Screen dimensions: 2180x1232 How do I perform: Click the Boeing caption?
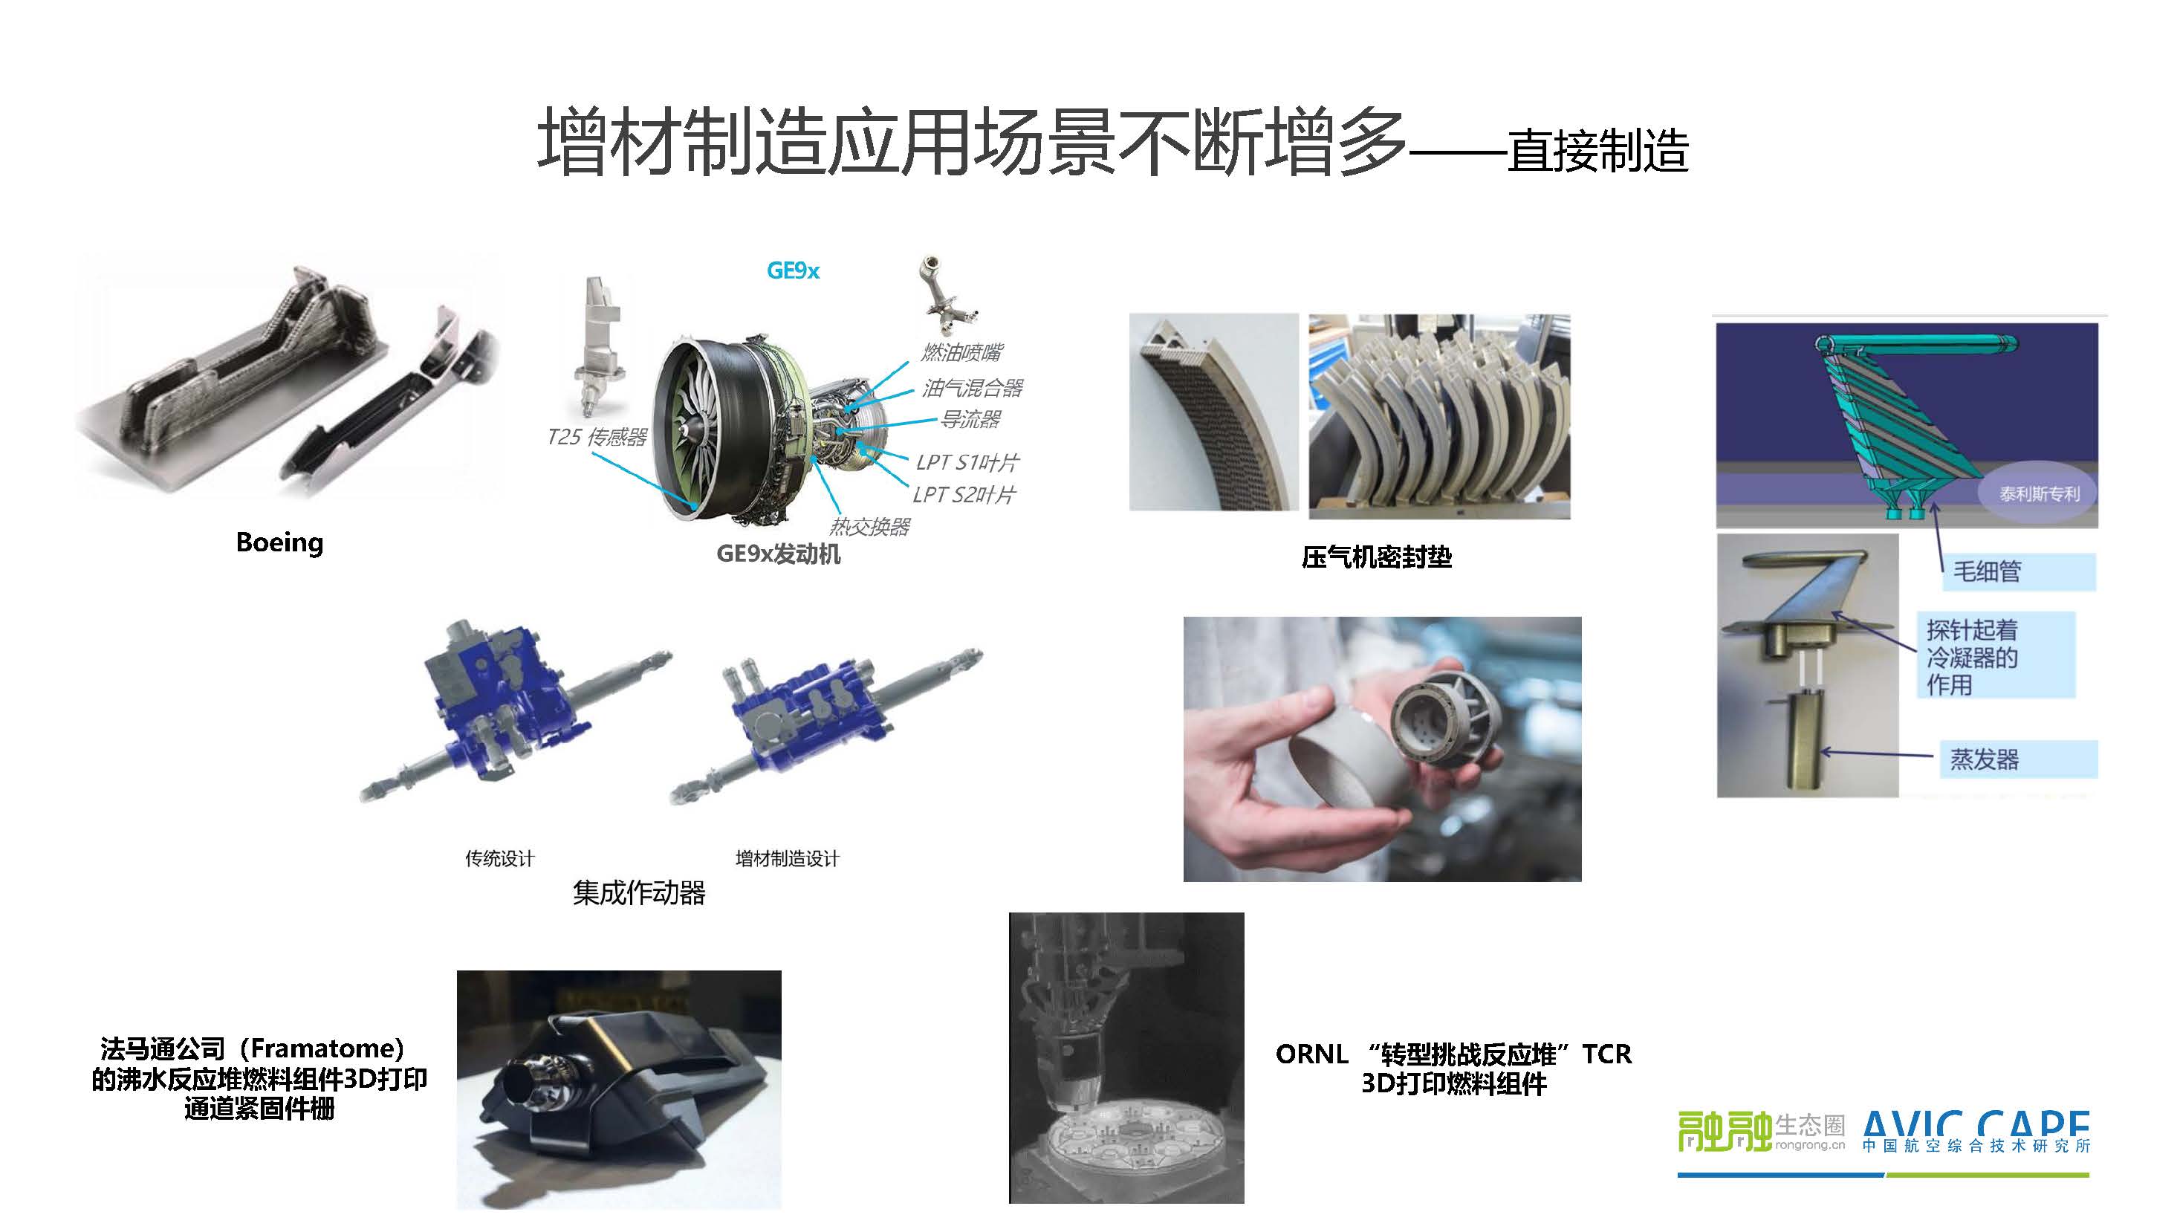[x=279, y=542]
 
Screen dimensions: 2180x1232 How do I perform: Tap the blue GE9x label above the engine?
[x=793, y=270]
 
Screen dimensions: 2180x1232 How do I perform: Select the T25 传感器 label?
[x=597, y=437]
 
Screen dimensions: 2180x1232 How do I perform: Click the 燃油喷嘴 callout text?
[x=962, y=352]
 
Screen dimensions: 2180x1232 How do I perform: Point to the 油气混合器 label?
[x=973, y=388]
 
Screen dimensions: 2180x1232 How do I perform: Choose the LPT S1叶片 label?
[x=967, y=462]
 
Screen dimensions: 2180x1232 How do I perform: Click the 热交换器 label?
[x=869, y=526]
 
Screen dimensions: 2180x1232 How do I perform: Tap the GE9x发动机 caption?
[x=779, y=554]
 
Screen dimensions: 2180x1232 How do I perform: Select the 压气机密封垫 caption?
[x=1377, y=557]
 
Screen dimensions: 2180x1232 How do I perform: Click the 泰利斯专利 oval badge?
[x=2039, y=493]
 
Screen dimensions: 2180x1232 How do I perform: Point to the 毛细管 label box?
[x=2018, y=571]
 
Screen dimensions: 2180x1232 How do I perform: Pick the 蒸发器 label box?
[x=2018, y=759]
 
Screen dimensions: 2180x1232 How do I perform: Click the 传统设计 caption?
[x=499, y=859]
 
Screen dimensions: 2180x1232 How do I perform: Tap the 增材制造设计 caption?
[x=787, y=859]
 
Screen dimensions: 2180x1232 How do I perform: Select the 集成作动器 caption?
[x=639, y=892]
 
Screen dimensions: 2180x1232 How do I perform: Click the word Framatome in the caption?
[x=327, y=1049]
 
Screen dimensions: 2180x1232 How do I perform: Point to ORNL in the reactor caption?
[x=1311, y=1054]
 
